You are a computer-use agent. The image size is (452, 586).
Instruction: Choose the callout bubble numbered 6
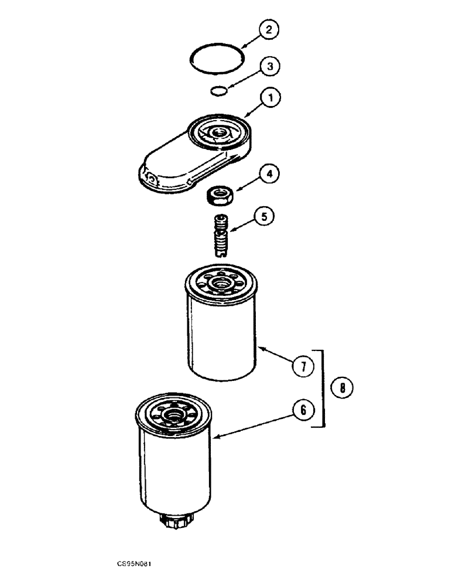(x=303, y=411)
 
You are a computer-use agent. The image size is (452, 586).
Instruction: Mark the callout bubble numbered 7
(x=303, y=367)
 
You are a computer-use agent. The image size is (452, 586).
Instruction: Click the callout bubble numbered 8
(x=342, y=387)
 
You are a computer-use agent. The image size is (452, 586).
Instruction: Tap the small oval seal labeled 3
(x=218, y=91)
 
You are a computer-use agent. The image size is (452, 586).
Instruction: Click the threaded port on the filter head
(x=219, y=134)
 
